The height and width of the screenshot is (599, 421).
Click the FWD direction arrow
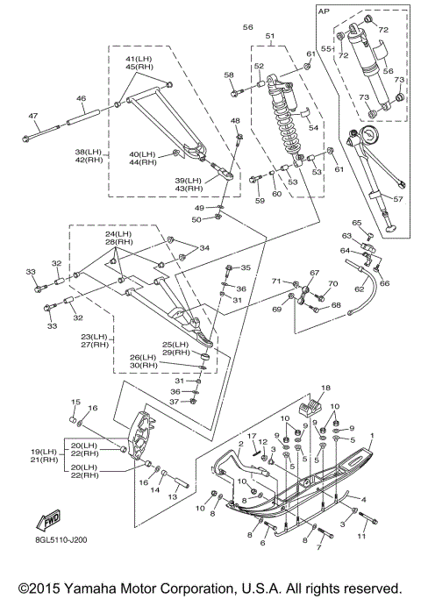(48, 520)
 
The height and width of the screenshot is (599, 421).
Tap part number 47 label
(32, 116)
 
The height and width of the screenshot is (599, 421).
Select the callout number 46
(81, 98)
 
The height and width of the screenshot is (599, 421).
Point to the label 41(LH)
(139, 59)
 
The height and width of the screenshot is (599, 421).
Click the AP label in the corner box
(324, 11)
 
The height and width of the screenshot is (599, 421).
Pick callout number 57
(397, 199)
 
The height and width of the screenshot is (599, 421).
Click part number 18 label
(325, 389)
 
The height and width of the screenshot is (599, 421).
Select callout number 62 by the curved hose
(359, 289)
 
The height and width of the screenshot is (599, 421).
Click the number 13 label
(173, 496)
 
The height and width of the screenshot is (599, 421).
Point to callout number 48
(235, 121)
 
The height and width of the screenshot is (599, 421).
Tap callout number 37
(174, 402)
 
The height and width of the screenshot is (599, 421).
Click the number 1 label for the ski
(372, 435)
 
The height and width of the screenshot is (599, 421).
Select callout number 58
(229, 75)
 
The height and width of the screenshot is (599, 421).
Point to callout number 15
(75, 402)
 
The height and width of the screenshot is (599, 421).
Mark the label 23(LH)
(95, 337)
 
